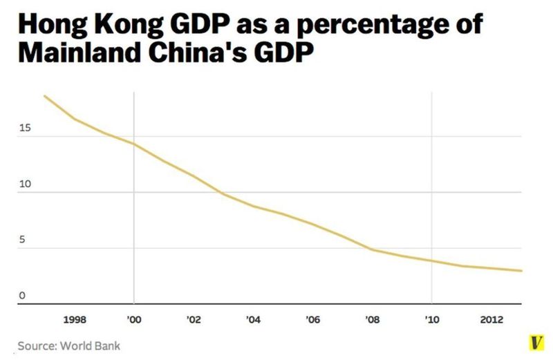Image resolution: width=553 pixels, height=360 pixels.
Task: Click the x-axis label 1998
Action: pyautogui.click(x=74, y=320)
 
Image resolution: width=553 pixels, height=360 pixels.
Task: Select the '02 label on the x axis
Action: pyautogui.click(x=194, y=320)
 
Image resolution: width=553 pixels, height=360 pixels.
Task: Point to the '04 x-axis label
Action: pyautogui.click(x=253, y=320)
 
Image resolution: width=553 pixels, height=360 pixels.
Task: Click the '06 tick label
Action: pyautogui.click(x=312, y=320)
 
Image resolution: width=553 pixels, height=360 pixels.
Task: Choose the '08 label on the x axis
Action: pyautogui.click(x=372, y=320)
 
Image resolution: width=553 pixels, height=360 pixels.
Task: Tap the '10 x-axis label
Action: pyautogui.click(x=431, y=320)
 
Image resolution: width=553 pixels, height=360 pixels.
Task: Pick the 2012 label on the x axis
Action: pyautogui.click(x=491, y=320)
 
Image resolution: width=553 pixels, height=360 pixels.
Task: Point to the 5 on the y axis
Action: pyautogui.click(x=22, y=240)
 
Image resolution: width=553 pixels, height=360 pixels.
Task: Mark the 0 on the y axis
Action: pyautogui.click(x=22, y=296)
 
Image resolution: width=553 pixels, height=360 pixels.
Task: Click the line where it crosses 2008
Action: pyautogui.click(x=372, y=249)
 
